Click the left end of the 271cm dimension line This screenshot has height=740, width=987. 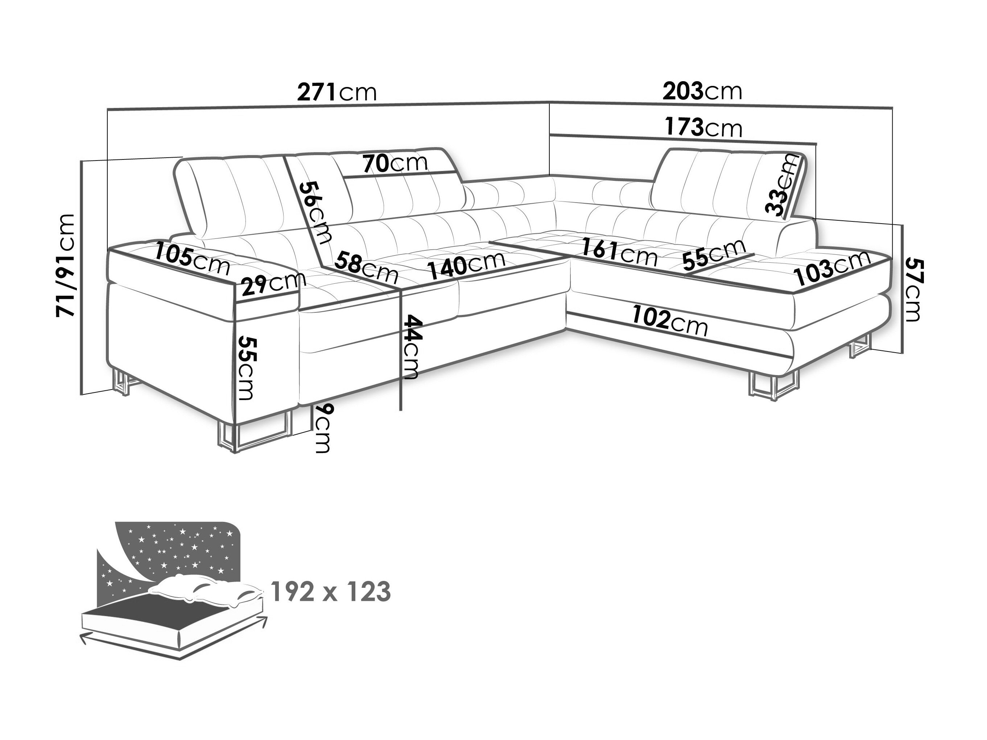coord(108,110)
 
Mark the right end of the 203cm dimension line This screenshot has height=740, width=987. coord(892,119)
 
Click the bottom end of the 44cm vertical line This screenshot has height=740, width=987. coord(401,409)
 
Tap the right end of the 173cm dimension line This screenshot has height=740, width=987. coord(815,144)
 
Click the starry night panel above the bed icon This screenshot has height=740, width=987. coord(178,553)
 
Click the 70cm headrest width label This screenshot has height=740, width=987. coord(395,164)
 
